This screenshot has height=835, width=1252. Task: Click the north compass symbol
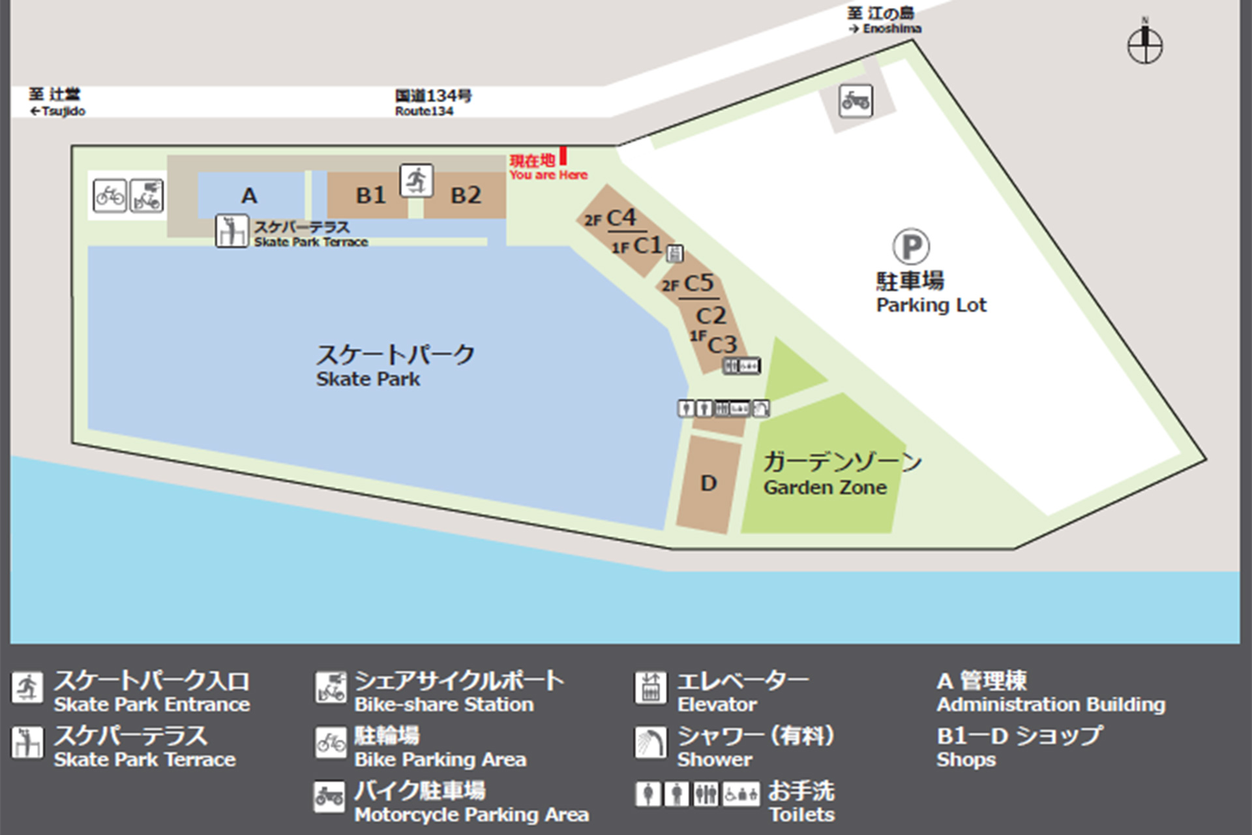coord(1144,45)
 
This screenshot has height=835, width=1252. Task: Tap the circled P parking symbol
coord(910,247)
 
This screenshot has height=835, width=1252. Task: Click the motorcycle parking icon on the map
coord(856,101)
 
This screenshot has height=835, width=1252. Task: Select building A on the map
coord(249,195)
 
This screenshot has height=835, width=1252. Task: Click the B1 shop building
coord(370,195)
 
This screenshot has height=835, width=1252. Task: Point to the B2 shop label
coord(466,195)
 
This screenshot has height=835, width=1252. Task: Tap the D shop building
coord(709,483)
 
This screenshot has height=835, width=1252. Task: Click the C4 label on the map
coord(620,218)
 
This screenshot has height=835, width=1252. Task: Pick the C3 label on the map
coord(722,344)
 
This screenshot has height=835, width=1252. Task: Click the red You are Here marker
coord(563,157)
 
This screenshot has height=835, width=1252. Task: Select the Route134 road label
coord(425,111)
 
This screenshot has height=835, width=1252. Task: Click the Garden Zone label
coord(826,487)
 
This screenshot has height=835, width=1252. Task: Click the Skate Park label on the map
coord(368,379)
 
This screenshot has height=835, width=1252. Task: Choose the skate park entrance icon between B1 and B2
coord(416,181)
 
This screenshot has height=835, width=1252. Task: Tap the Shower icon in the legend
coord(651,743)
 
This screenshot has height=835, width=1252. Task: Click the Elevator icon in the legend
coord(651,688)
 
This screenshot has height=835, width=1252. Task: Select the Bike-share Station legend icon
coord(331,688)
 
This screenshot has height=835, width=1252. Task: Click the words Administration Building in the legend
coord(1051,705)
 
